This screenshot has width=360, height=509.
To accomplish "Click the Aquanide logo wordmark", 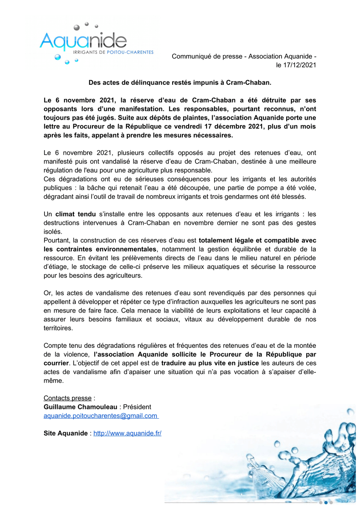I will pos(83,41).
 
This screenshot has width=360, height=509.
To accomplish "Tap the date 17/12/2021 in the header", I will pos(296,65).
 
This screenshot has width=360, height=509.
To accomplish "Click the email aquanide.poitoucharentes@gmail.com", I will pos(100,416).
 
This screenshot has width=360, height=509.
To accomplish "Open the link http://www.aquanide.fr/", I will pos(127,433).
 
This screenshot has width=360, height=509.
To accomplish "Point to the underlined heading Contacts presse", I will pos(67,398).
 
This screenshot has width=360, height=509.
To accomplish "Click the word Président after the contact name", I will pos(137,407).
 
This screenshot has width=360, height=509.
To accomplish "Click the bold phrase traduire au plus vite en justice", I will pos(210,363).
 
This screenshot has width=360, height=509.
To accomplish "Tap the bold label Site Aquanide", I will pos(66,433).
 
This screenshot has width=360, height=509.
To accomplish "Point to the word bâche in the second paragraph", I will pos(105,187).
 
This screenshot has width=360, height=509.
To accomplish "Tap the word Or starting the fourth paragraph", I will pos(47,293).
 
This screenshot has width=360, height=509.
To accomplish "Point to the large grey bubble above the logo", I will pos(77,28).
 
